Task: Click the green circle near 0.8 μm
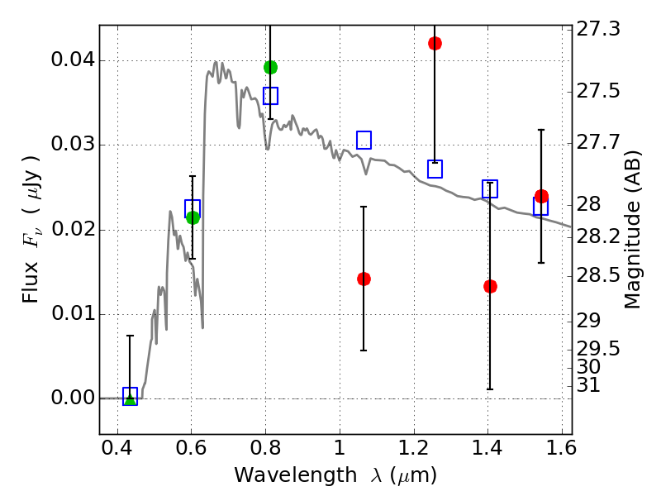pyautogui.click(x=270, y=67)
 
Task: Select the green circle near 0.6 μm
pyautogui.click(x=193, y=217)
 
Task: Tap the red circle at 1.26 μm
pyautogui.click(x=435, y=43)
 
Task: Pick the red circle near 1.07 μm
pyautogui.click(x=364, y=279)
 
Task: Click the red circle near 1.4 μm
pyautogui.click(x=490, y=286)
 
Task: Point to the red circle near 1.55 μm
pyautogui.click(x=541, y=196)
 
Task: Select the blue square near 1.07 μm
pyautogui.click(x=364, y=140)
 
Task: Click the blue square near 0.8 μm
pyautogui.click(x=270, y=96)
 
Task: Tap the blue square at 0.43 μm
pyautogui.click(x=130, y=396)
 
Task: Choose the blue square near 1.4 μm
pyautogui.click(x=490, y=189)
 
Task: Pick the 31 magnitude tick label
pyautogui.click(x=592, y=385)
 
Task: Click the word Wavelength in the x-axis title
pyautogui.click(x=282, y=475)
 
